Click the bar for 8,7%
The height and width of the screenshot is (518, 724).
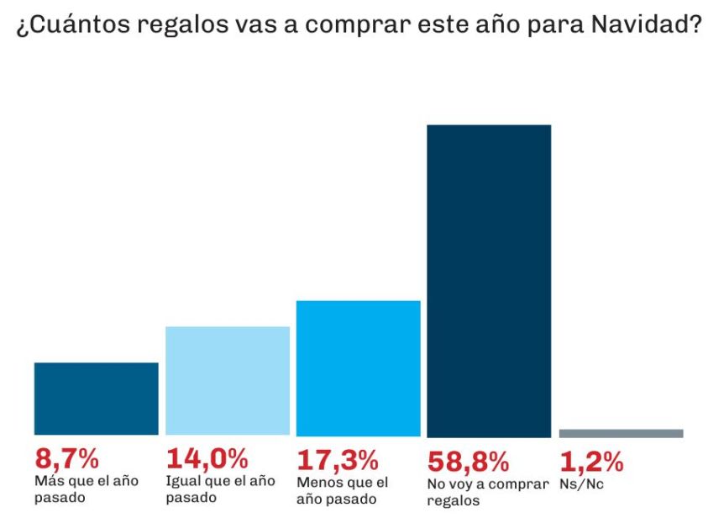pos(96,399)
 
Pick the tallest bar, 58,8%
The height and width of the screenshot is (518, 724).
pos(489,281)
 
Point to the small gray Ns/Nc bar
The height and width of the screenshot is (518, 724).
pos(621,433)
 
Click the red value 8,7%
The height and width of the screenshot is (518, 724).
pos(67,460)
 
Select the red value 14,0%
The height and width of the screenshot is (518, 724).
pos(207,460)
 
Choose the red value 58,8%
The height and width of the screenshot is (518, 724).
pos(469,461)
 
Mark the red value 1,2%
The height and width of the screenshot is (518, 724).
pos(591,461)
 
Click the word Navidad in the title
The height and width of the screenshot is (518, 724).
pos(647,24)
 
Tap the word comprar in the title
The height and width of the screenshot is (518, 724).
pos(360,24)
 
